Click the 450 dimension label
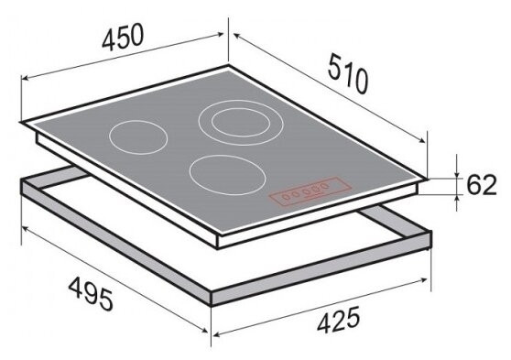click(123, 37)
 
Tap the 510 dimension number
click(348, 73)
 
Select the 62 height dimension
click(482, 185)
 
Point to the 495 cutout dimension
click(91, 294)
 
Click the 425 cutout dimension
click(339, 320)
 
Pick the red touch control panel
click(310, 191)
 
